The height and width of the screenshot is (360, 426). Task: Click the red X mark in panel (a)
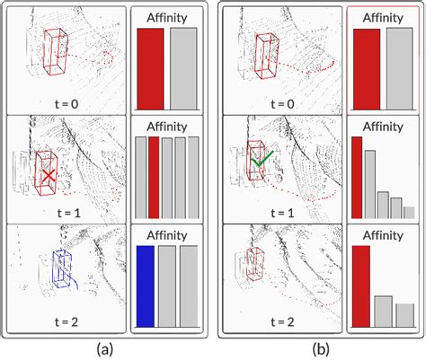(49, 176)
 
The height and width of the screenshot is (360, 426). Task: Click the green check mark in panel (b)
(262, 160)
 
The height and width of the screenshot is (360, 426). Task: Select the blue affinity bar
(146, 286)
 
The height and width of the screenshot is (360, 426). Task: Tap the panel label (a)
(105, 348)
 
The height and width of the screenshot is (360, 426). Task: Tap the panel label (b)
(321, 348)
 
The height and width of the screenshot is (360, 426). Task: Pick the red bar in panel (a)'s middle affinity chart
(154, 178)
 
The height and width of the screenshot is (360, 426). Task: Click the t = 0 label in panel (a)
(67, 104)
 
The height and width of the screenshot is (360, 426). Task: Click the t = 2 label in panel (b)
(282, 322)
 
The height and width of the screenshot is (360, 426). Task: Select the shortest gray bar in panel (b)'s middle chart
(409, 213)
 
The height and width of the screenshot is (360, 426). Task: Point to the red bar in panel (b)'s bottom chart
(361, 286)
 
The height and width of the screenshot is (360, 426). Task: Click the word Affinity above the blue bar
(167, 235)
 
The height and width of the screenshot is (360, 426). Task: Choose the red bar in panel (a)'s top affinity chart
(150, 69)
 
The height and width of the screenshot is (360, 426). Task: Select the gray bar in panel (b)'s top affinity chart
(400, 69)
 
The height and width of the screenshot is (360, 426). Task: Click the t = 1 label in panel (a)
(68, 213)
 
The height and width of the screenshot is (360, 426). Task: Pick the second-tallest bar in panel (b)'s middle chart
(370, 184)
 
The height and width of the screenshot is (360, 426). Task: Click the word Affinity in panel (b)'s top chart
(383, 18)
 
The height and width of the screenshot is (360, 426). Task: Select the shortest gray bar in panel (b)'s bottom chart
(405, 315)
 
